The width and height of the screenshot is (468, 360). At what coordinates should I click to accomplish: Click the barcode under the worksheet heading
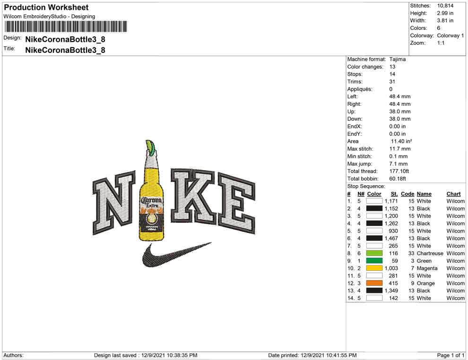tap(65, 26)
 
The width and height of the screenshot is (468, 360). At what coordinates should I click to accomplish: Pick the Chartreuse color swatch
tap(374, 253)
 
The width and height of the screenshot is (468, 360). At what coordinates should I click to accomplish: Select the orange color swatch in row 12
tap(374, 283)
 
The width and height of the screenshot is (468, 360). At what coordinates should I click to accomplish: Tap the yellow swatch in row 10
tap(374, 268)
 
